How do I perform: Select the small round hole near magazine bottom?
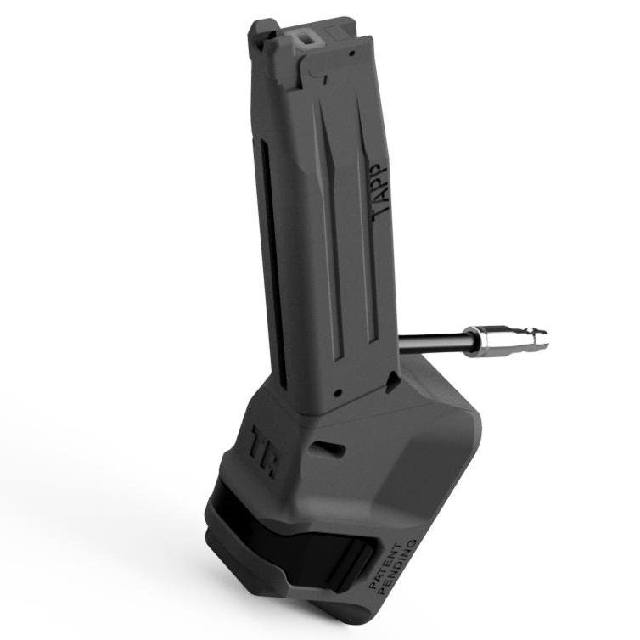pyautogui.click(x=338, y=391)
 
